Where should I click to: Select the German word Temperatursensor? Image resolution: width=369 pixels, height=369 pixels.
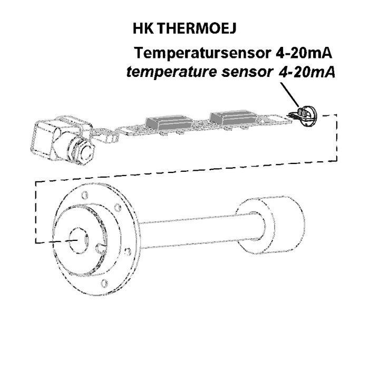point(202,53)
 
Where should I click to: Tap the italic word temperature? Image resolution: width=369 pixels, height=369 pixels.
point(171,72)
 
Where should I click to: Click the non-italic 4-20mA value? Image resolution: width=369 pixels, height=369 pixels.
point(304,53)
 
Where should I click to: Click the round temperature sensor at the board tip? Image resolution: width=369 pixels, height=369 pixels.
point(307,116)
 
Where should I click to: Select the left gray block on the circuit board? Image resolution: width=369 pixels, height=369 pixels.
point(169,123)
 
